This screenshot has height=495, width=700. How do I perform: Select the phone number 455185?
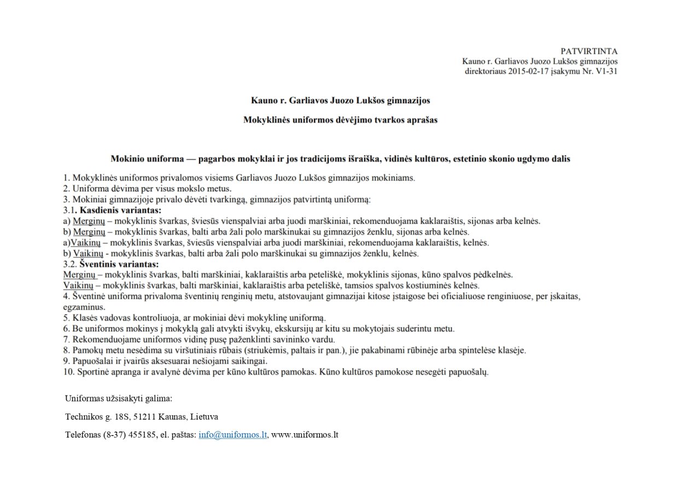[x=144, y=435]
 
